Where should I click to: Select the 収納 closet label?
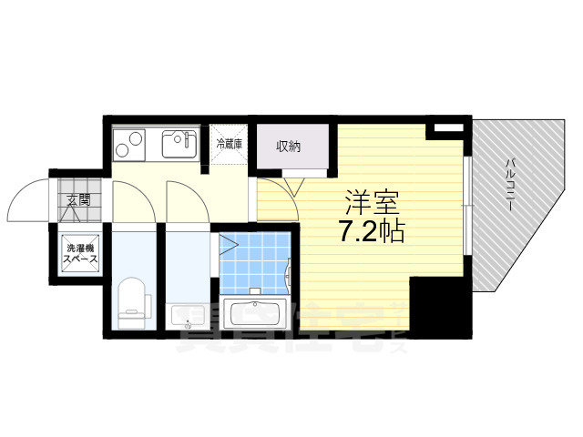[x=290, y=147]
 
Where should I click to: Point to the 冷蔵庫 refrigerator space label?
[x=230, y=144]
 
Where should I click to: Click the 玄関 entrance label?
[x=78, y=199]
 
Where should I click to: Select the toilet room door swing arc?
[x=132, y=202]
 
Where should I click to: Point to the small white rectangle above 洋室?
[x=444, y=130]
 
